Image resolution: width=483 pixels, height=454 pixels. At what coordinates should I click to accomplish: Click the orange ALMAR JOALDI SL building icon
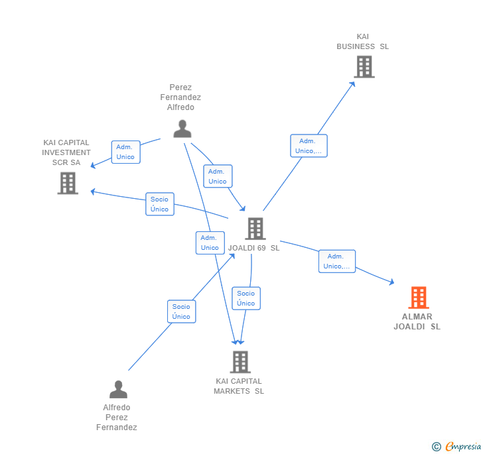[418, 298]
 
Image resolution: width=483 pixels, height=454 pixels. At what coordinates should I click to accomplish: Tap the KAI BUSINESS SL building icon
[364, 67]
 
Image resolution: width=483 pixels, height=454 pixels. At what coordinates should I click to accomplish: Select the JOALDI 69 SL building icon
[255, 229]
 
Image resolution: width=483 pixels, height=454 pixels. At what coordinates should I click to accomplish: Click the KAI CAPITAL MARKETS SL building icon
[240, 362]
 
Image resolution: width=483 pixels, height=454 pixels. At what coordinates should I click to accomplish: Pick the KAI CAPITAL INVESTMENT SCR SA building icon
[68, 183]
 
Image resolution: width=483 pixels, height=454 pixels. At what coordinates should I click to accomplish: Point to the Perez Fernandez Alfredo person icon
[182, 129]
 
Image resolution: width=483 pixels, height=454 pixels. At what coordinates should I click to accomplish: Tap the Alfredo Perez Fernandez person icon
[118, 389]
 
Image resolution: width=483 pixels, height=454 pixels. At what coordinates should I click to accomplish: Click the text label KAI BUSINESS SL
[362, 42]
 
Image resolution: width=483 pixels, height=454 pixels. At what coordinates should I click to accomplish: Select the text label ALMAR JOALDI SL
[417, 321]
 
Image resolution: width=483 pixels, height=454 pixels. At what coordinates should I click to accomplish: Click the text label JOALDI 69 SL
[254, 248]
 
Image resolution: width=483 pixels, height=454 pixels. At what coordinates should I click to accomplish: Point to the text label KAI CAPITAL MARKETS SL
[239, 386]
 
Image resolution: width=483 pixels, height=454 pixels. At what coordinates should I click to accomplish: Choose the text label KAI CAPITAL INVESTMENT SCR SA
[66, 152]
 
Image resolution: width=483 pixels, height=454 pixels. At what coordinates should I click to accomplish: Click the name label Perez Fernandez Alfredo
[180, 97]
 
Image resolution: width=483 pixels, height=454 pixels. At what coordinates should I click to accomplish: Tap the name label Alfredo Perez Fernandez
[117, 418]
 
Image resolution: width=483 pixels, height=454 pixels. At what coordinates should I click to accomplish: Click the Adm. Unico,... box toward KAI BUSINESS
[309, 146]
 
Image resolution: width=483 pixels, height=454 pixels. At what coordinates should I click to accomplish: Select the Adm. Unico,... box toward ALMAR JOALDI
[337, 261]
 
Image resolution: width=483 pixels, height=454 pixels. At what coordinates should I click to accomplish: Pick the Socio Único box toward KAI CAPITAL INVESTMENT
[159, 204]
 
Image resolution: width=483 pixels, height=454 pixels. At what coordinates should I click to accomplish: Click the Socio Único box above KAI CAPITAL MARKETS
[245, 298]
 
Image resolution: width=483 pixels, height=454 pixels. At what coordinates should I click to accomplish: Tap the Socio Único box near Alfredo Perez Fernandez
[181, 312]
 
